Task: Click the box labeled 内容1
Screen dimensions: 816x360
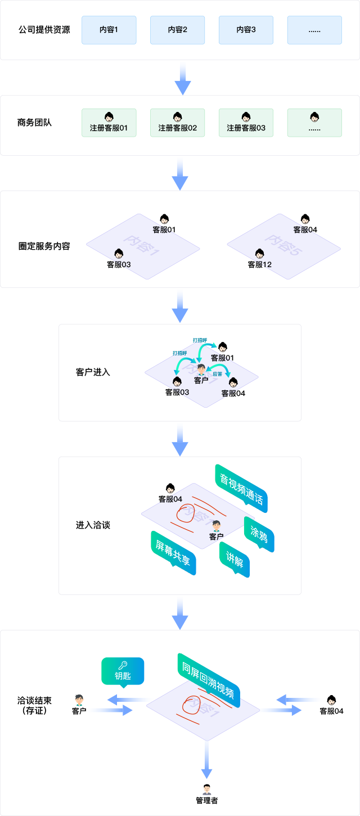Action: coord(109,30)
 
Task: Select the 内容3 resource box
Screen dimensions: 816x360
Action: coord(246,30)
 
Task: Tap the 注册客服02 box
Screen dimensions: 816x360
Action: coord(177,123)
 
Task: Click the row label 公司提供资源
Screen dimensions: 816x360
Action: coord(44,30)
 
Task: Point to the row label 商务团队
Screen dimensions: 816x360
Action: coord(34,122)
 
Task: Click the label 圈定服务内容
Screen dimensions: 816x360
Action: coord(44,246)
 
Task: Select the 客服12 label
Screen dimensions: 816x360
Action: coord(260,264)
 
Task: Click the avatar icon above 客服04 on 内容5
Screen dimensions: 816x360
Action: coord(305,219)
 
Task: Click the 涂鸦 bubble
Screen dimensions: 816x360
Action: coord(259,534)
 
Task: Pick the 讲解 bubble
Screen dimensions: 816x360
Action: coord(234,560)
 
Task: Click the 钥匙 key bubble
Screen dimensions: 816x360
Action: coord(123,670)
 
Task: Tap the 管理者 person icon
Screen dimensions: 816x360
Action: coord(207,788)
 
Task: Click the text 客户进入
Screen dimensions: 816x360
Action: coord(93,372)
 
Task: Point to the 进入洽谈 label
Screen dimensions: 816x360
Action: coord(93,525)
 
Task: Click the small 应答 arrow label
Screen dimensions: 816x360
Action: coord(217,373)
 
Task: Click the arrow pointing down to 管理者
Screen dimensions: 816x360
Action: coord(207,759)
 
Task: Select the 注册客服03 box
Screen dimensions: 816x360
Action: coord(246,123)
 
